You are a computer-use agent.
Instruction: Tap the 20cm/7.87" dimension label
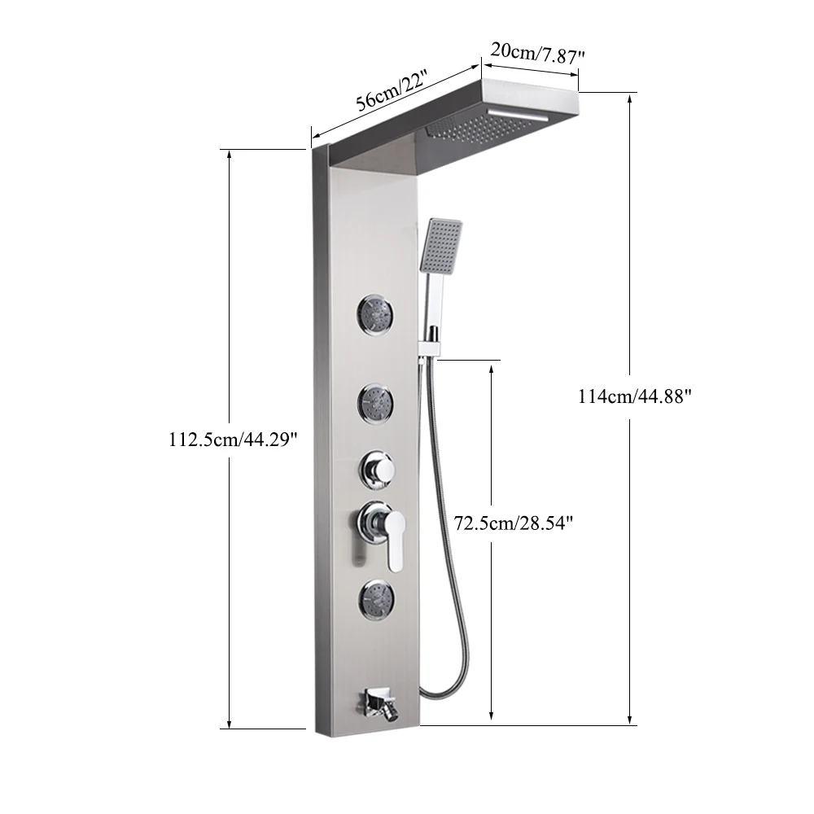pyautogui.click(x=538, y=53)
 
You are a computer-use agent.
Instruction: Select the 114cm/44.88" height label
pyautogui.click(x=635, y=396)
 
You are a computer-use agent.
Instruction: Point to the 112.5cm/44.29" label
pyautogui.click(x=233, y=440)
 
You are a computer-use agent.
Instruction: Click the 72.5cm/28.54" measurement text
pyautogui.click(x=514, y=523)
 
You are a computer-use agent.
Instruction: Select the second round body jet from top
pyautogui.click(x=374, y=402)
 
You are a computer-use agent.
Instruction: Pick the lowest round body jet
pyautogui.click(x=375, y=598)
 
